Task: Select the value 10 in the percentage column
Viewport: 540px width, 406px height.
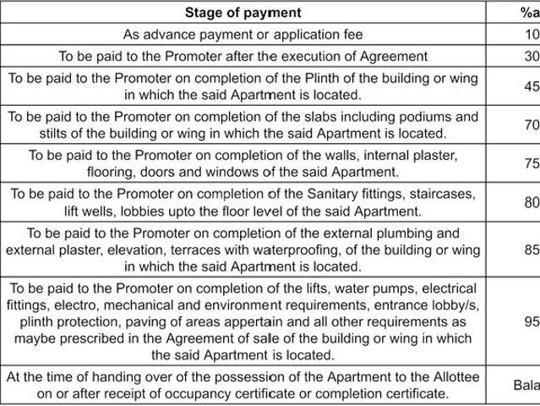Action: pyautogui.click(x=532, y=35)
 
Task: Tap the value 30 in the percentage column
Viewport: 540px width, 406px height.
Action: pyautogui.click(x=532, y=56)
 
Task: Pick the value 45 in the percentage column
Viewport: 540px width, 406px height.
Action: pyautogui.click(x=532, y=85)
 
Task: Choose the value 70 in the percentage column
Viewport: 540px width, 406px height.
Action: pyautogui.click(x=532, y=124)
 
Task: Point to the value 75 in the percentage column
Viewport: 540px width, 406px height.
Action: pyautogui.click(x=532, y=163)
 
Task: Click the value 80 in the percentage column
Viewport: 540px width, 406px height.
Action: pyautogui.click(x=532, y=202)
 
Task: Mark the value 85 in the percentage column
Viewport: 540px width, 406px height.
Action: pyautogui.click(x=532, y=250)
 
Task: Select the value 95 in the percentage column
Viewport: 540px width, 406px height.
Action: pyautogui.click(x=532, y=321)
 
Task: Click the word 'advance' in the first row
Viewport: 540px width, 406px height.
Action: pyautogui.click(x=172, y=35)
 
